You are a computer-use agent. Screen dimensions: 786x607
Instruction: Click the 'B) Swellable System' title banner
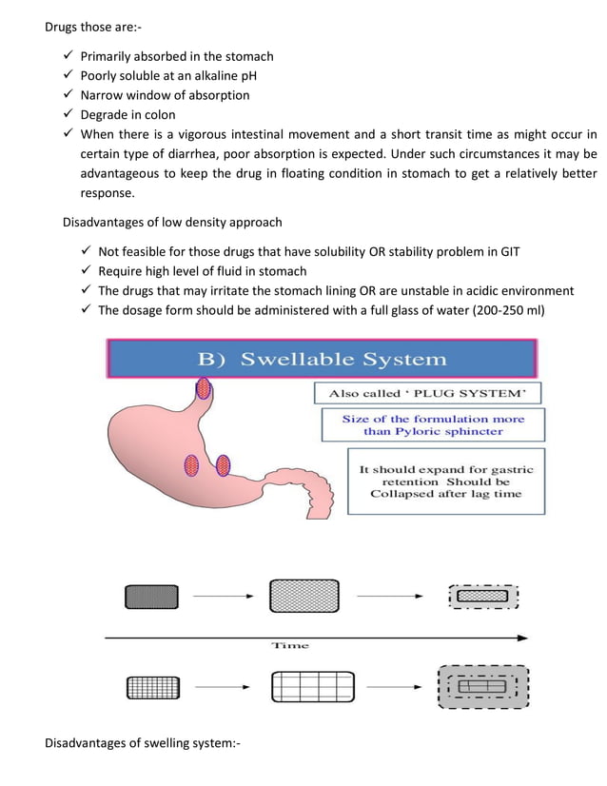[x=322, y=359]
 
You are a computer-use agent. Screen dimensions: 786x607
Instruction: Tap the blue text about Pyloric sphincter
[x=433, y=424]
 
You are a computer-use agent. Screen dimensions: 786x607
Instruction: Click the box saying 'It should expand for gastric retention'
[x=446, y=481]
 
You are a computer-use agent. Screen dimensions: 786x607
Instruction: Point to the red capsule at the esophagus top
[x=204, y=387]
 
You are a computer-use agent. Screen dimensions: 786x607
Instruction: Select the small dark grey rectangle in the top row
[x=151, y=597]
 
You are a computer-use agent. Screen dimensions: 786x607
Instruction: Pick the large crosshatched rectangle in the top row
[x=304, y=596]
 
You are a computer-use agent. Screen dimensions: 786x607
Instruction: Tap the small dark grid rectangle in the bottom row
[x=151, y=686]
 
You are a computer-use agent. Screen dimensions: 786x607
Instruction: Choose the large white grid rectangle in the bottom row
[x=312, y=685]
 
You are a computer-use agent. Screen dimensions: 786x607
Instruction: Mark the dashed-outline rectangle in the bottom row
[x=482, y=686]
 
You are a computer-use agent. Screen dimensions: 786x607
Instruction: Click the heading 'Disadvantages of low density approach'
[x=172, y=223]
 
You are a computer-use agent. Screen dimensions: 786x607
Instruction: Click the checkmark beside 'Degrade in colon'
[x=68, y=114]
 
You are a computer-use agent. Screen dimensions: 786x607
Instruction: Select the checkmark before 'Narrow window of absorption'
[x=68, y=95]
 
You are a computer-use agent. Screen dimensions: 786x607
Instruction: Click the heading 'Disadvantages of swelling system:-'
[x=143, y=742]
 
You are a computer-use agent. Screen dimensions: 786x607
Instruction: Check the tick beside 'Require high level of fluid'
[x=86, y=271]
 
